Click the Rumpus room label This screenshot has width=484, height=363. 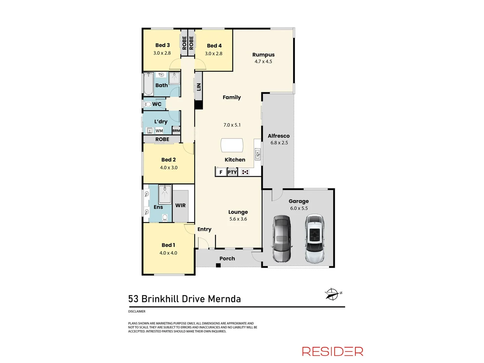point(263,54)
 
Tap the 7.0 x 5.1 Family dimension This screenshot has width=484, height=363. point(232,125)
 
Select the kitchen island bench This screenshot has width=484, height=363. point(232,145)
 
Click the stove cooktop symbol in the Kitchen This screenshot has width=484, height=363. point(245,172)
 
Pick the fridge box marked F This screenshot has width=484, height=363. point(221,172)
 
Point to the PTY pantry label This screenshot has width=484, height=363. point(232,172)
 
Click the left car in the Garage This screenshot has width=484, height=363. point(282,239)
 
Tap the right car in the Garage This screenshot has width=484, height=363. point(315,239)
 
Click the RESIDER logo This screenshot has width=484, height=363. point(332,351)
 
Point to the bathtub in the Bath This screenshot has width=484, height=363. point(148,84)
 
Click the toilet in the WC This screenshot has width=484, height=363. point(147,104)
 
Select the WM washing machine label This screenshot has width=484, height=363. point(159,131)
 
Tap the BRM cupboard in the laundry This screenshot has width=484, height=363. point(176,130)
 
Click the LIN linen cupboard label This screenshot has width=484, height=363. point(199,87)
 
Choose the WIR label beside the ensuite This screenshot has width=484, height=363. point(180,205)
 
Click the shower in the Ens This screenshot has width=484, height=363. point(165,193)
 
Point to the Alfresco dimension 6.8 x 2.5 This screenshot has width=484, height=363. point(279,143)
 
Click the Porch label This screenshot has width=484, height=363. point(227,258)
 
